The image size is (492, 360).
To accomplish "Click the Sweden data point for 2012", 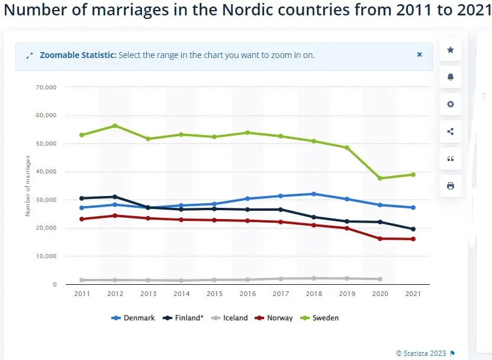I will [115, 126].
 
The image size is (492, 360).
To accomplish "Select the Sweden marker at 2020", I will [380, 178].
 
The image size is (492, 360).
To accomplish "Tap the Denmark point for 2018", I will [313, 194].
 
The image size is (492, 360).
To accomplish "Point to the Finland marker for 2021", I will [413, 229].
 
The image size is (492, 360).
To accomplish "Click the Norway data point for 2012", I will [115, 216].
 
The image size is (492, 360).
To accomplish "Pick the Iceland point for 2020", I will [380, 279].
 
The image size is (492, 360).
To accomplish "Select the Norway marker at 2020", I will [380, 239].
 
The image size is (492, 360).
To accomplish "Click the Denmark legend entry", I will [133, 318].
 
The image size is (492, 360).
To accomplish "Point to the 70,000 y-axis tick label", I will [46, 87].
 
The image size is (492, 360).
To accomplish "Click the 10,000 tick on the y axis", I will [46, 256].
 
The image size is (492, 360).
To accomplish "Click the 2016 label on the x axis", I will [247, 294].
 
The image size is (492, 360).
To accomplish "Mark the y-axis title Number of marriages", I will [28, 185].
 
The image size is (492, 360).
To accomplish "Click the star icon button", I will [450, 50].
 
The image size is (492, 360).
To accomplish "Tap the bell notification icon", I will [450, 77].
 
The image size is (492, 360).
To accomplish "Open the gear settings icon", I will [450, 104].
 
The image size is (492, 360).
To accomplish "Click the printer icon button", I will [450, 186].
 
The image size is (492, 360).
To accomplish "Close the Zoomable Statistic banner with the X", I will [419, 54].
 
